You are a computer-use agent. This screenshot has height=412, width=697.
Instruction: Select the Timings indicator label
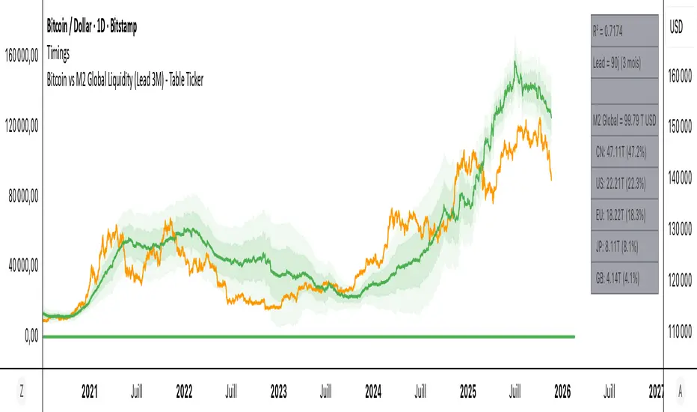[x=63, y=52]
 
